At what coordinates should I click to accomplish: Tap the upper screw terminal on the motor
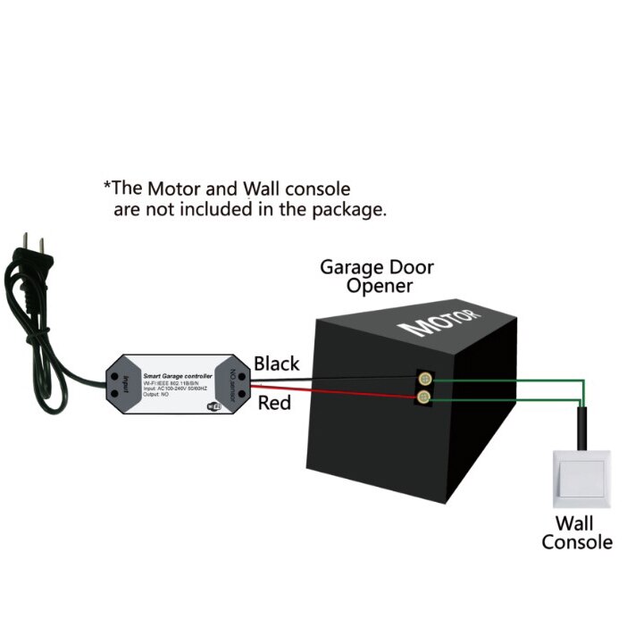pyautogui.click(x=425, y=379)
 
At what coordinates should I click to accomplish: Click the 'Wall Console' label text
pyautogui.click(x=576, y=532)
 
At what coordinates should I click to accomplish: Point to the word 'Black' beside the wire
pyautogui.click(x=277, y=364)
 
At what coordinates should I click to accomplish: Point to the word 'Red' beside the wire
pyautogui.click(x=275, y=404)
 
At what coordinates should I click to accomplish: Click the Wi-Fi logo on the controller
pyautogui.click(x=215, y=405)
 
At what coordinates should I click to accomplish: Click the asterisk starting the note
pyautogui.click(x=108, y=189)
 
